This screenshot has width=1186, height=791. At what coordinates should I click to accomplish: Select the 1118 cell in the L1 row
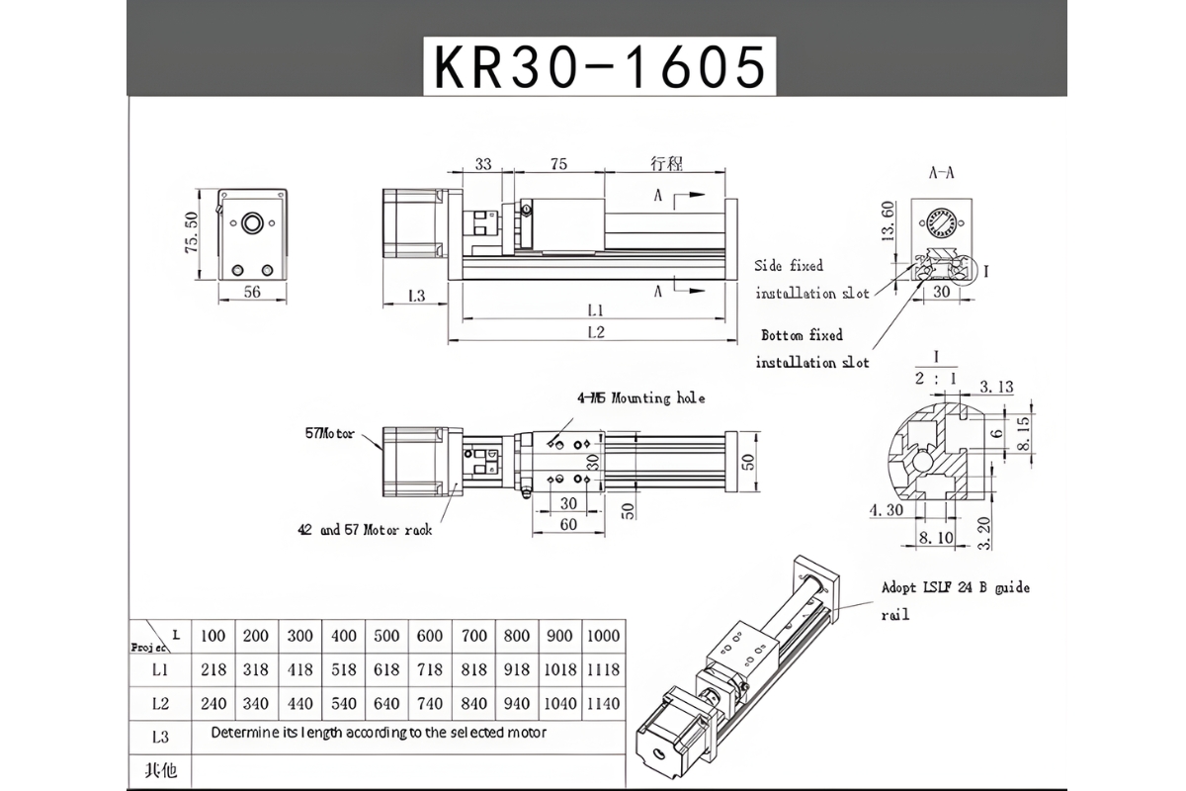pos(602,669)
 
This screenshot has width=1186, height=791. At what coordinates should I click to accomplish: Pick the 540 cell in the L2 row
pos(344,704)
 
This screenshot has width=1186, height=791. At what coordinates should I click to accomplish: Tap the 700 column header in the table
pos(474,635)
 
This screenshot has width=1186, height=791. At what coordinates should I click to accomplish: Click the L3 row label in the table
pos(161,737)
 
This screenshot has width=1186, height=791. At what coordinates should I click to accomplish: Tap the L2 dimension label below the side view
pos(594,332)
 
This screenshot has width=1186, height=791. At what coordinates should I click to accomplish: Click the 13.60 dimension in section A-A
pos(888,220)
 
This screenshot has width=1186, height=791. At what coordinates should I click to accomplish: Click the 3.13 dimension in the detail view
pos(996,387)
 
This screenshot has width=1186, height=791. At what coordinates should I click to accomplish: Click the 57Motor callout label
pos(329,433)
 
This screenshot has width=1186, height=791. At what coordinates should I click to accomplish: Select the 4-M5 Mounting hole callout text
pos(641,398)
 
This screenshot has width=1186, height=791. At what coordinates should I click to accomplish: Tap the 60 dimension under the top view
pos(568,525)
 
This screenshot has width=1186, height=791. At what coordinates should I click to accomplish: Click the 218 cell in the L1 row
pos(213,669)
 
